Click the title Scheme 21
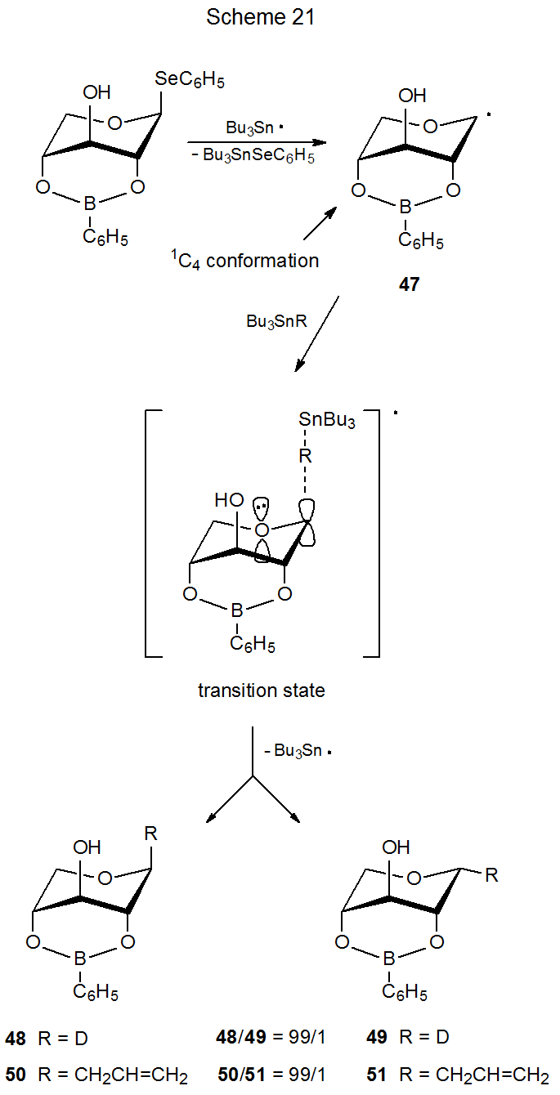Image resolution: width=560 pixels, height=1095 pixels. [260, 18]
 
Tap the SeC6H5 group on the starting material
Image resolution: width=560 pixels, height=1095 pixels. [190, 80]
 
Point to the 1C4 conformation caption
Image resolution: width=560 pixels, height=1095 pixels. [244, 261]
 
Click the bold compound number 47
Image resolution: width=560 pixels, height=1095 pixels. [409, 286]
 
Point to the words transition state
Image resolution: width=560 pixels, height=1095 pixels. [261, 691]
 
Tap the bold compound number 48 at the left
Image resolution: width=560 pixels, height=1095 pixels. [15, 1039]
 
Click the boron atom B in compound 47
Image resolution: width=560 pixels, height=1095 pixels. [403, 211]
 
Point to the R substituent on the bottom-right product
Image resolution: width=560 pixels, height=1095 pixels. [491, 876]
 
